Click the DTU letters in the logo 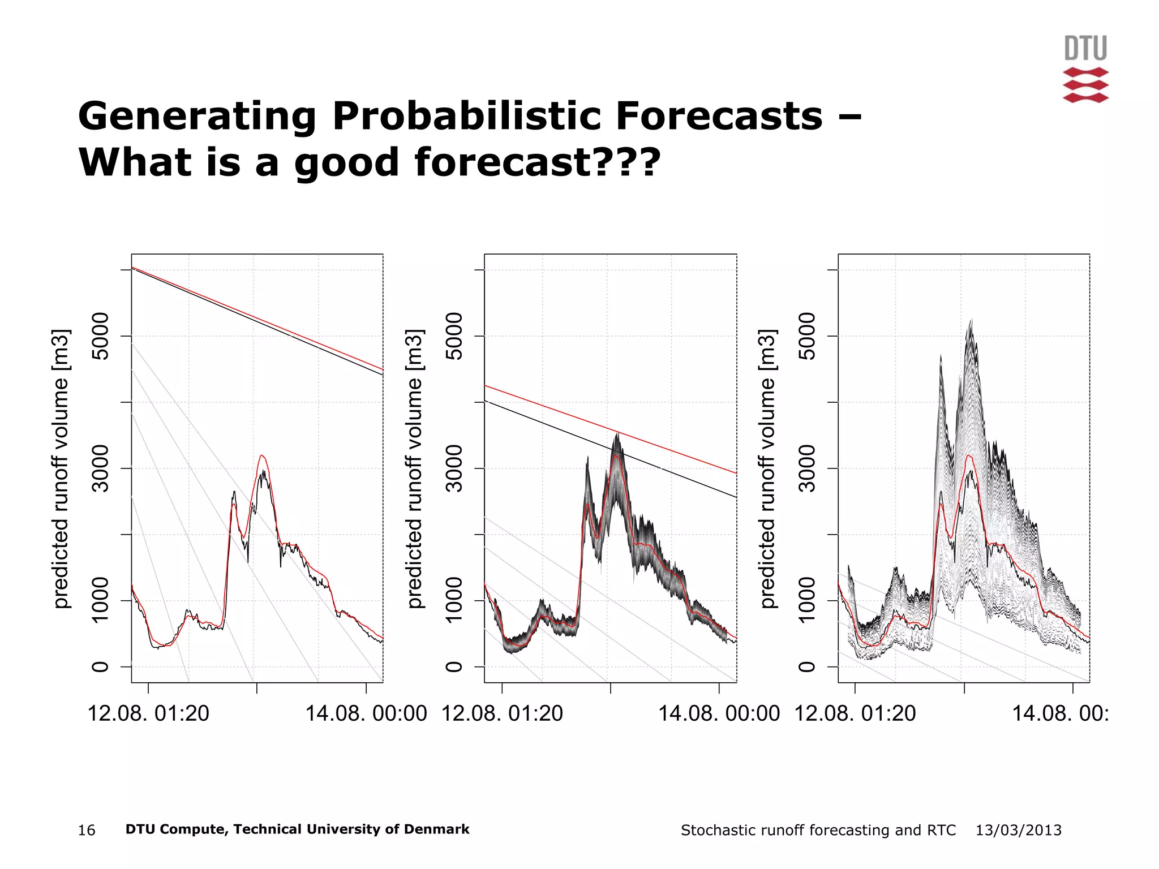[1085, 48]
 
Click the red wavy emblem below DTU [1085, 85]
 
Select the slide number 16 [87, 830]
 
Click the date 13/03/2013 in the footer [1018, 830]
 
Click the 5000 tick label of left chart [100, 336]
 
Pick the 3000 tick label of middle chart [454, 468]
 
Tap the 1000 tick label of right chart [808, 600]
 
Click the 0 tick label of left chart [100, 666]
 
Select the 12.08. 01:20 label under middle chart [502, 713]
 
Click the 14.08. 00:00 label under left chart [366, 713]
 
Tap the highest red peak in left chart [261, 455]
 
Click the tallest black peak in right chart [971, 321]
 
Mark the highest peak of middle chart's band [617, 434]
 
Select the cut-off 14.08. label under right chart [1059, 713]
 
